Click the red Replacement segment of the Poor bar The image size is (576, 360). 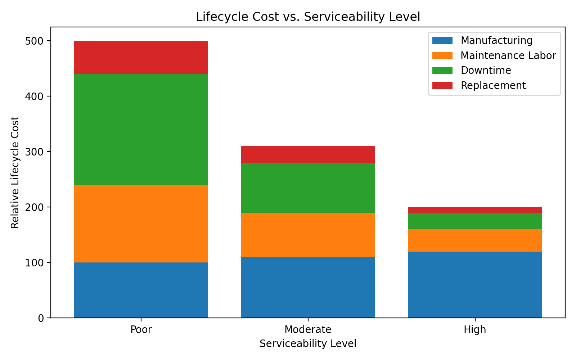coord(141,57)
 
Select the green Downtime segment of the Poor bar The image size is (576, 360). coord(141,129)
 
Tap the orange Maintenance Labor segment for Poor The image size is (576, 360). coord(141,223)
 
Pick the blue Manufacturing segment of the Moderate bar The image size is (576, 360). coord(308,287)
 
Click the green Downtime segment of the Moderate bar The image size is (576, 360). coord(308,188)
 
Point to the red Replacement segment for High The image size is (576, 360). coord(475,210)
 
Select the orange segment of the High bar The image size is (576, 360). coord(475,240)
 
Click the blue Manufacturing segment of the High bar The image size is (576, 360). coord(475,284)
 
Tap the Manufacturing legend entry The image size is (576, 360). coord(496,40)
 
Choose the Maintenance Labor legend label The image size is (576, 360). coord(508,55)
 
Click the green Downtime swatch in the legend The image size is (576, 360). coord(442,71)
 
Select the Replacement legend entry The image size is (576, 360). coord(493,86)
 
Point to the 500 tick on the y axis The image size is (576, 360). coord(34,41)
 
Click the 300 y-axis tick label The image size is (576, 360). coord(34,152)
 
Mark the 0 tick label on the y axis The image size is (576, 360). coord(41,318)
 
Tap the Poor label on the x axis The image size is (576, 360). coord(141,330)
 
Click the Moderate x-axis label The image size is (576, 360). coord(308,330)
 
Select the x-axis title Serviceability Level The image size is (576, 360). coord(308,344)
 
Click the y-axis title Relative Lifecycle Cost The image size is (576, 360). coord(15,172)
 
